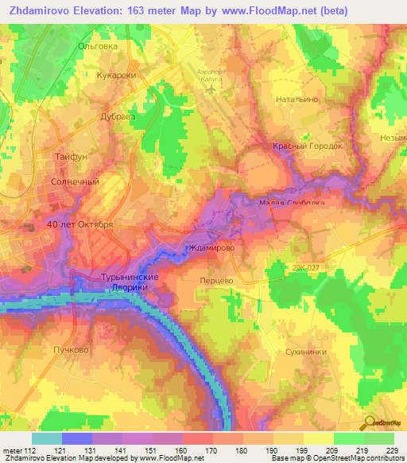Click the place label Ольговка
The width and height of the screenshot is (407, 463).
click(x=98, y=46)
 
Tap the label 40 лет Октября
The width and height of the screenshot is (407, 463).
click(x=79, y=224)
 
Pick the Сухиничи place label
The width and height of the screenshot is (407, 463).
click(x=305, y=351)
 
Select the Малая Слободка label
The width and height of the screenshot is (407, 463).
click(x=292, y=203)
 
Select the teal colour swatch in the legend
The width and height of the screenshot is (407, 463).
click(x=46, y=438)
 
